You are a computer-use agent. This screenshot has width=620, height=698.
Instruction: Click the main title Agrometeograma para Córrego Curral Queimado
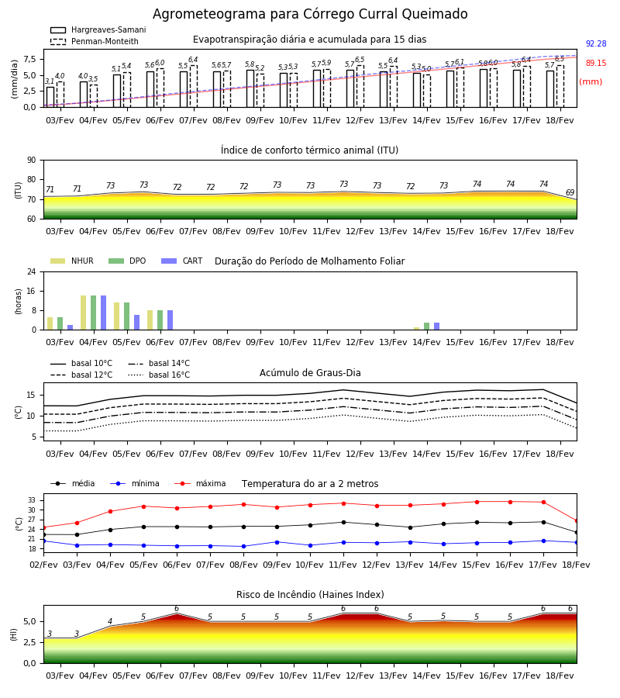310,14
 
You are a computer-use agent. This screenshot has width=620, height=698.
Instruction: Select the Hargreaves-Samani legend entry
98,29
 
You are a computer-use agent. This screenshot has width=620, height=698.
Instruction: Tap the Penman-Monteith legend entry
95,41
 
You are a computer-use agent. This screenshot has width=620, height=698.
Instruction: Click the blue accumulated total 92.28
596,43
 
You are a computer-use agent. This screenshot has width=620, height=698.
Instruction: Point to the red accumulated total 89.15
596,64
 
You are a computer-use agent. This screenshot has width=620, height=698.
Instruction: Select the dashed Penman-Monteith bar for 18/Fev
560,86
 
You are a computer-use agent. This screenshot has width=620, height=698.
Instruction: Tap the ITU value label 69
570,193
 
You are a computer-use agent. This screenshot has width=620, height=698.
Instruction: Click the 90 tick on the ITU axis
32,161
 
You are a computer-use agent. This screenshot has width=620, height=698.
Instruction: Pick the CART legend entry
182,261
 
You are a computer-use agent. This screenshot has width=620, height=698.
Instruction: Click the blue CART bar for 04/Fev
104,313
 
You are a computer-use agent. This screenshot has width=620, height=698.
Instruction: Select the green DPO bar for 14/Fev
426,327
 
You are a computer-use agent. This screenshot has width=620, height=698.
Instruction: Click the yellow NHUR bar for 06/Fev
150,320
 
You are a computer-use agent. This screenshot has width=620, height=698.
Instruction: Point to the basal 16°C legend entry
159,375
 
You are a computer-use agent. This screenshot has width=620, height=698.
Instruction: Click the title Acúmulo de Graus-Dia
310,373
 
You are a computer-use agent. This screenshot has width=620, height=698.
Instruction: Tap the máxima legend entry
200,483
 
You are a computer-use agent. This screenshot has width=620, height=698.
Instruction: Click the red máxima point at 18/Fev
577,521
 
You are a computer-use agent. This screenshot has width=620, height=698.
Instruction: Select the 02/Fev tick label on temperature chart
43,565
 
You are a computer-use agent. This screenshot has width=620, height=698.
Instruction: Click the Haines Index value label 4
110,621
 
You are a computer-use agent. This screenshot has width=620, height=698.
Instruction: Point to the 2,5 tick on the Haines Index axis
29,642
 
